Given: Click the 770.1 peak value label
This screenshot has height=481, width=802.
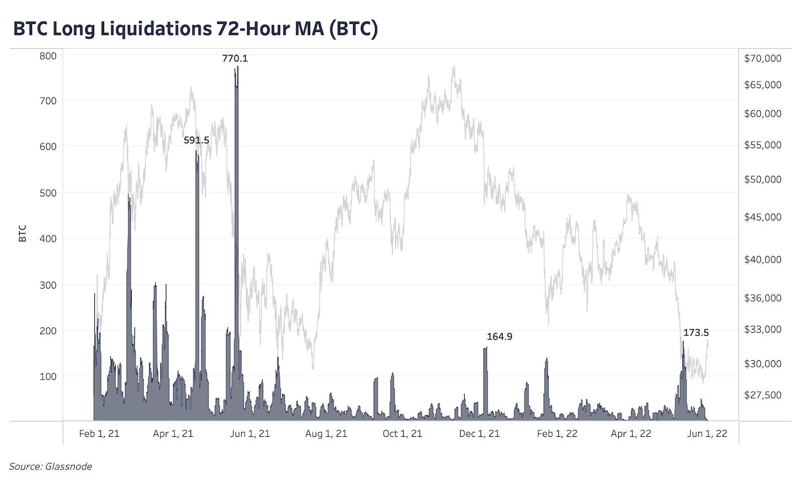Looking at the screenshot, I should click(235, 59).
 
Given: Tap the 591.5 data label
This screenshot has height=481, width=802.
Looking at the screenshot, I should click(196, 140).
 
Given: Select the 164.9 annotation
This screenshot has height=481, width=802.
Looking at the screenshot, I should click(499, 337).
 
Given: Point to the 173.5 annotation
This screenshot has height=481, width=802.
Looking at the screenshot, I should click(696, 333).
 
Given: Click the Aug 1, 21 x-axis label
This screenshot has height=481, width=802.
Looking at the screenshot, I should click(326, 434).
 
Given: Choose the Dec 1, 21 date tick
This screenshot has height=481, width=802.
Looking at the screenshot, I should click(479, 434).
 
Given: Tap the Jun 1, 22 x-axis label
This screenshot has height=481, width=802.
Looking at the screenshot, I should click(707, 434).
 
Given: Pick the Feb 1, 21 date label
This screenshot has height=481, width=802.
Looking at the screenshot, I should click(99, 434).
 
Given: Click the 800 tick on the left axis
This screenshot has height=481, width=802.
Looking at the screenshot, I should click(48, 56).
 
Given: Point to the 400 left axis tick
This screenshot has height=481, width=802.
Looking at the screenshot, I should click(48, 239).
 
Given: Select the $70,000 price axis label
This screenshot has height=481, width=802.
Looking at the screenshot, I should click(762, 59).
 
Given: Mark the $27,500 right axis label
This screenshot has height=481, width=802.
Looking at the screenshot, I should click(762, 395).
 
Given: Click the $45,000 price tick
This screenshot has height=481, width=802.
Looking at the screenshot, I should click(762, 217).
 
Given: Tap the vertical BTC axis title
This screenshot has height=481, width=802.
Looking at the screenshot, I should click(23, 234).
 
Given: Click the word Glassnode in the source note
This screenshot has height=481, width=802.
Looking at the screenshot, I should click(69, 466).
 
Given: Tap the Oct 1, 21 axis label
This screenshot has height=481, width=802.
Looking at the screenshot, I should click(402, 434).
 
